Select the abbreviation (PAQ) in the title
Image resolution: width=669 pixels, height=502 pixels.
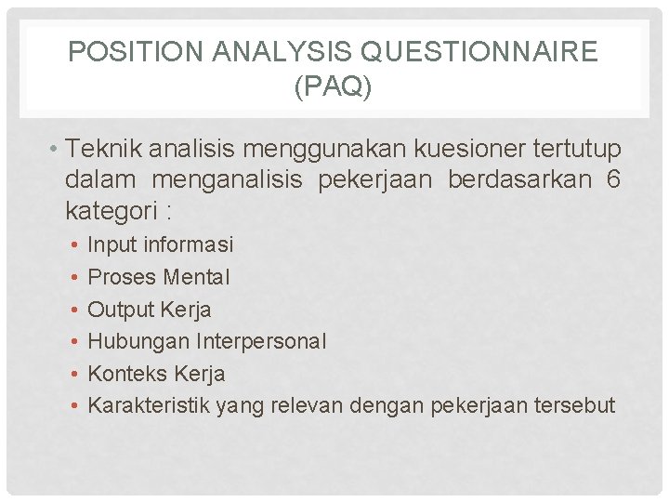click(x=333, y=88)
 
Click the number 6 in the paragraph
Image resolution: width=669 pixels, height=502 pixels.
click(x=612, y=179)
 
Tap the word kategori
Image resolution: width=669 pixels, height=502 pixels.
click(x=110, y=211)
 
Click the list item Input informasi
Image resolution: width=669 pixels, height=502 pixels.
click(x=160, y=244)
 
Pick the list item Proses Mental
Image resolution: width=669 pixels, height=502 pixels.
click(x=158, y=277)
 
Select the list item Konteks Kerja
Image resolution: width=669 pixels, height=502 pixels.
click(x=156, y=374)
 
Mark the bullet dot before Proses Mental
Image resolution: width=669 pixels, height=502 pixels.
click(x=73, y=277)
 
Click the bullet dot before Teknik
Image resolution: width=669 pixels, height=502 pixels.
click(x=56, y=150)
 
